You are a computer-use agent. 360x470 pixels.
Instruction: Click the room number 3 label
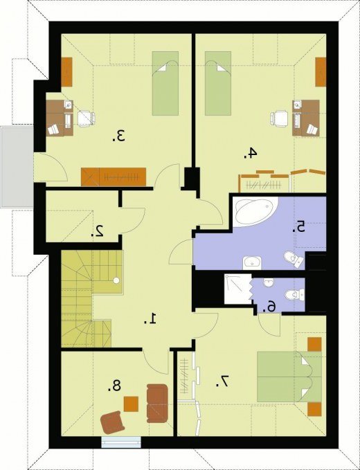click(x=119, y=136)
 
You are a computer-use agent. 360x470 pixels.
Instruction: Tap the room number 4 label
click(x=251, y=154)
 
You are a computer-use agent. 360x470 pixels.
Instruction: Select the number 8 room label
click(x=114, y=386)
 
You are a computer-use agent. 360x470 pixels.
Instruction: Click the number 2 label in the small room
click(x=98, y=231)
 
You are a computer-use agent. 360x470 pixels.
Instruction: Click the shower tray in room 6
click(x=237, y=289)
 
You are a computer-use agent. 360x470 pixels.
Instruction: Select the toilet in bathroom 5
click(x=294, y=259)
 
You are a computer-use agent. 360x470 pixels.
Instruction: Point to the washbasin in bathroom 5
click(x=252, y=263)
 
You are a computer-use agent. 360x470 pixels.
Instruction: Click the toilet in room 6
click(x=294, y=295)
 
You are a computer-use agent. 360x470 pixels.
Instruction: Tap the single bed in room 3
click(x=165, y=83)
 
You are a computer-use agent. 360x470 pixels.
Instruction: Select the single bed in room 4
click(x=218, y=83)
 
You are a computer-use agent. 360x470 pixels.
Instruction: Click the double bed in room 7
click(x=289, y=377)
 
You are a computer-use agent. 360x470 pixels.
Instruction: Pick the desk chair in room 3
click(x=87, y=118)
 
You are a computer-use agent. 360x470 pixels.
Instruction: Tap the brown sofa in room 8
click(x=156, y=403)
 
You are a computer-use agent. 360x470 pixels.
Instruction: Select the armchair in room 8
click(x=113, y=423)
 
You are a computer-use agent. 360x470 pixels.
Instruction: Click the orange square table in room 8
click(x=131, y=404)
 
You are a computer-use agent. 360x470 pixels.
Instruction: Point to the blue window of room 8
click(x=120, y=442)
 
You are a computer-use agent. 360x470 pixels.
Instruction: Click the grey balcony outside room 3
click(x=17, y=167)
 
